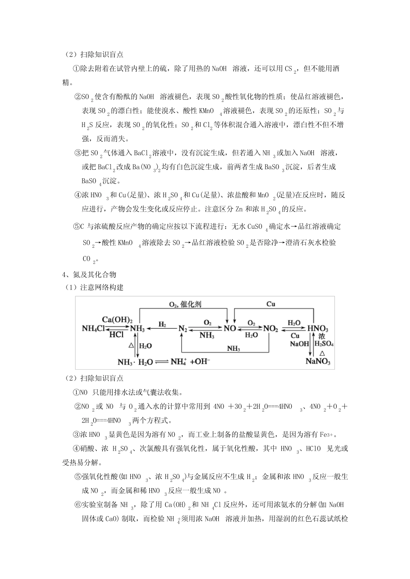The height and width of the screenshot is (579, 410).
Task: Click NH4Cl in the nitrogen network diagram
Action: click(93, 329)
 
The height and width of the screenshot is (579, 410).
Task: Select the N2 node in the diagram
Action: click(183, 329)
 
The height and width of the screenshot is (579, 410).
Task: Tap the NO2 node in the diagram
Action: click(271, 329)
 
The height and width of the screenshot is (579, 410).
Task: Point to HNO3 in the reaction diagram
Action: click(318, 329)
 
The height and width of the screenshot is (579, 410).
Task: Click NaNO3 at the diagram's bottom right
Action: click(318, 361)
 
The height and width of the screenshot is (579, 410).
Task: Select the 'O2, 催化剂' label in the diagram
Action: click(185, 304)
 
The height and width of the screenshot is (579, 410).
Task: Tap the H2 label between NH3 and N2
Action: click(162, 324)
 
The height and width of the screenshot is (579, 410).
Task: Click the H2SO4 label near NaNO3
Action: click(324, 344)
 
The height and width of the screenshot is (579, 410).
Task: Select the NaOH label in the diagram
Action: click(300, 344)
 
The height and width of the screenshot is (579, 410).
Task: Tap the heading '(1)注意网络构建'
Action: click(93, 287)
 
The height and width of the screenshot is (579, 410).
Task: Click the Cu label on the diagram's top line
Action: click(271, 304)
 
